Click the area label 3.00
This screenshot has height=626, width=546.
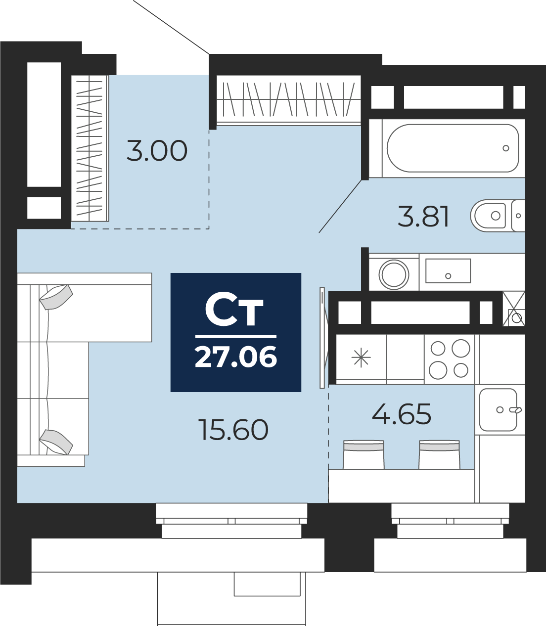point(157,150)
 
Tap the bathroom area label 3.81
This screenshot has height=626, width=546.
point(423,216)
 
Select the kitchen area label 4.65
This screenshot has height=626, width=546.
point(402,414)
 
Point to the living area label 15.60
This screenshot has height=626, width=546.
point(233,430)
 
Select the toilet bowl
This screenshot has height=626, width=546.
point(489,216)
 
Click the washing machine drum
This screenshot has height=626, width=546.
point(394,274)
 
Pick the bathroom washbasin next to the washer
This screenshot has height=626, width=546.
point(448,271)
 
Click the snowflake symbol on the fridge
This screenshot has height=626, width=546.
point(361,357)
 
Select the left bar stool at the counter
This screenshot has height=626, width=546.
point(364,454)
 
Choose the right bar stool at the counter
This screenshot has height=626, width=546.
point(439,454)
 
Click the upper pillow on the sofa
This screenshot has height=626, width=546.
point(56,297)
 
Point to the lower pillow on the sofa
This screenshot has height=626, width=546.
point(56,442)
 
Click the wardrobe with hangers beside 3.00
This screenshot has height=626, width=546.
point(90,148)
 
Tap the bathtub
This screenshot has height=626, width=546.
point(453,148)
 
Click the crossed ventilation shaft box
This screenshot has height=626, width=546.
point(514,309)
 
